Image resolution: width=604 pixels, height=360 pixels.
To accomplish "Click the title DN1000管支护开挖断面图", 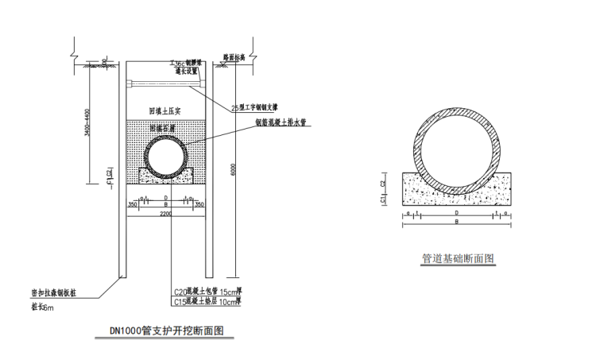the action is tap(166, 330).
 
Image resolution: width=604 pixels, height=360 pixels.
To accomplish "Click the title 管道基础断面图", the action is tap(459, 259).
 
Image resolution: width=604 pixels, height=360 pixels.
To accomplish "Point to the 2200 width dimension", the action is tap(165, 214).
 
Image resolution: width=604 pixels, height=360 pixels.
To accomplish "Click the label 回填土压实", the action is tap(165, 110).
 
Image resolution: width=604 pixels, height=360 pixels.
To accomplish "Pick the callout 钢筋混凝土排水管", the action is tap(281, 122).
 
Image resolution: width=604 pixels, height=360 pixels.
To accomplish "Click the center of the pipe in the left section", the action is tap(166, 156).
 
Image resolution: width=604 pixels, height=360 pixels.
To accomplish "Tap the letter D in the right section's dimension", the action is tap(456, 213).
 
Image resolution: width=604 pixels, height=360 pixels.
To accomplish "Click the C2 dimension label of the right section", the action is tap(384, 183).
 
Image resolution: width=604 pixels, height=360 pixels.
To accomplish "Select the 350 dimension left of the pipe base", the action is tap(132, 204).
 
